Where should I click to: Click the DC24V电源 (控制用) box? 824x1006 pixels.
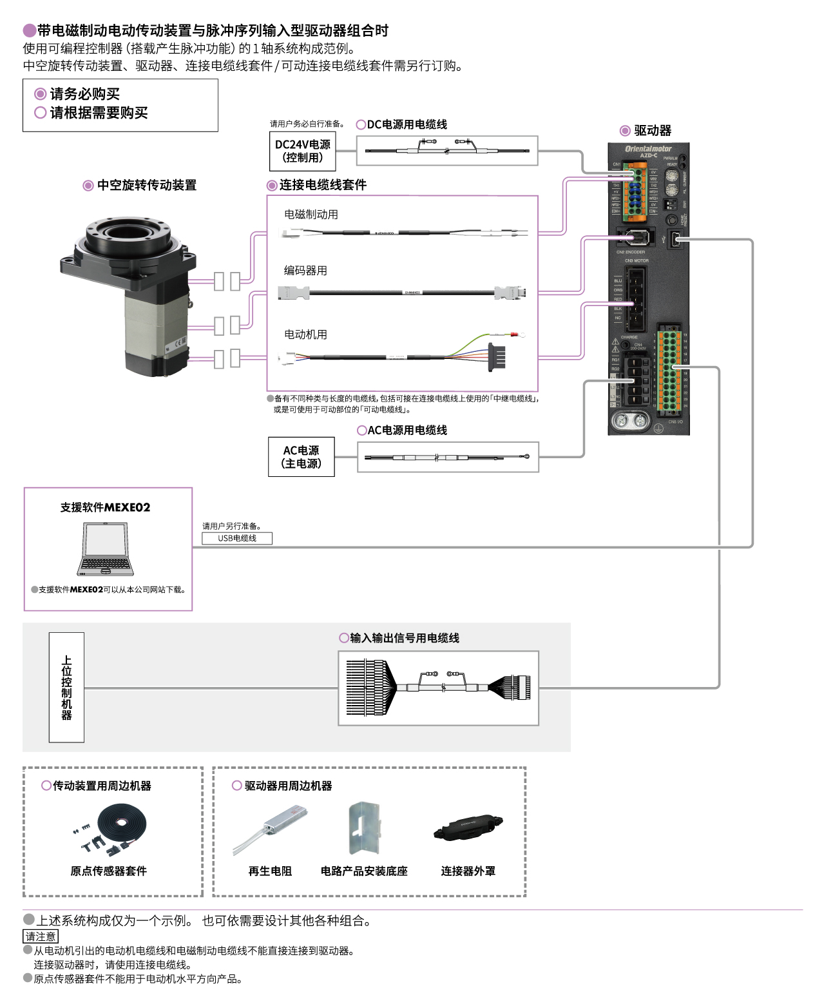coord(302,151)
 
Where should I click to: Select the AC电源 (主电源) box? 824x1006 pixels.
coord(301,457)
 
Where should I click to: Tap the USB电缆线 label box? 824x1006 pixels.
coord(237,538)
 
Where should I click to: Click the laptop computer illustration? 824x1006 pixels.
coord(106,550)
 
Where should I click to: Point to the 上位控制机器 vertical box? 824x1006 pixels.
coord(66,688)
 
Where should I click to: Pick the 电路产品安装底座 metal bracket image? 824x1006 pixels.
coord(364,828)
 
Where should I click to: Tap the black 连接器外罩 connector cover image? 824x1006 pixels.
coord(468,828)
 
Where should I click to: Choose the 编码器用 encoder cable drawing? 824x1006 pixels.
coord(403,293)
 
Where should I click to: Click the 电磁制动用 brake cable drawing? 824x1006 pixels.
coord(403,233)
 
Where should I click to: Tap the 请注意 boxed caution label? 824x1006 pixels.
coord(41,936)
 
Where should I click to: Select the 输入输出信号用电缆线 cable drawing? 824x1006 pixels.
coord(438,688)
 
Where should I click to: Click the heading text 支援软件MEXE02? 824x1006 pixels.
coord(105,508)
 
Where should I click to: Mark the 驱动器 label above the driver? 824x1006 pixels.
coord(652,131)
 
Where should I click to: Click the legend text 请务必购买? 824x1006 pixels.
coord(84,94)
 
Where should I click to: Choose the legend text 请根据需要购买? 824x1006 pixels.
coord(99,113)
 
